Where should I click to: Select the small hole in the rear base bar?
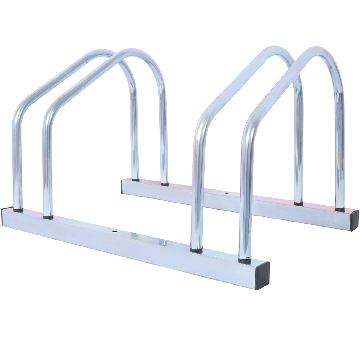[x=227, y=193]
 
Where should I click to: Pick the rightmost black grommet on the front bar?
[x=244, y=260]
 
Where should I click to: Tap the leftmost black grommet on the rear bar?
[x=135, y=179]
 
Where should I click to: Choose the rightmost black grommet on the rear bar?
[x=340, y=209]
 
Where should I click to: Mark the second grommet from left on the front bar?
[x=48, y=217]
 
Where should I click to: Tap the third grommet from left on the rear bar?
[x=298, y=203]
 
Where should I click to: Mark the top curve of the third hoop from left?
[x=274, y=50]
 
